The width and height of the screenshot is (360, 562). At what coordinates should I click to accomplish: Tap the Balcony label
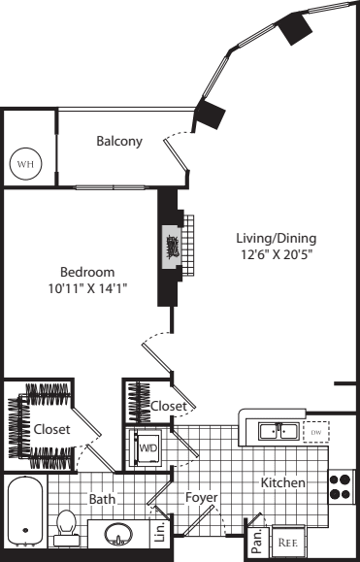click(x=119, y=141)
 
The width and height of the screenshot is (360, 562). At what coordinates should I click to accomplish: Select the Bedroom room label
click(x=87, y=271)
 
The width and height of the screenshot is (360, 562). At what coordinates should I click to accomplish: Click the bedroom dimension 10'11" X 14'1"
click(x=87, y=287)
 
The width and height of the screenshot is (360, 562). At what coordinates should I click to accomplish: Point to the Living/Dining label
click(x=277, y=238)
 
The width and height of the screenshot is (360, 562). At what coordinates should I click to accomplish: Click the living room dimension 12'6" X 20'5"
click(x=277, y=254)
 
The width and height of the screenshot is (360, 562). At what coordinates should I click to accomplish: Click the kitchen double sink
click(x=276, y=430)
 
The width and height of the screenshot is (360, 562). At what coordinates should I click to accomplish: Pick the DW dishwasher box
click(x=316, y=430)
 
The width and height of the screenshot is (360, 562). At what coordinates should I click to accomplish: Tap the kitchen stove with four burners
click(x=341, y=485)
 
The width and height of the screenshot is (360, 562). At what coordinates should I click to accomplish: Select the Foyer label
click(x=201, y=498)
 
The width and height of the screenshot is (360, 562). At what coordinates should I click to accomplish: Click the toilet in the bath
click(x=66, y=525)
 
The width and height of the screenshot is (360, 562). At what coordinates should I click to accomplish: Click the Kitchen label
click(x=283, y=482)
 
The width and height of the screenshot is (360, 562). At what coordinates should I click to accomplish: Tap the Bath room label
click(x=104, y=499)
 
